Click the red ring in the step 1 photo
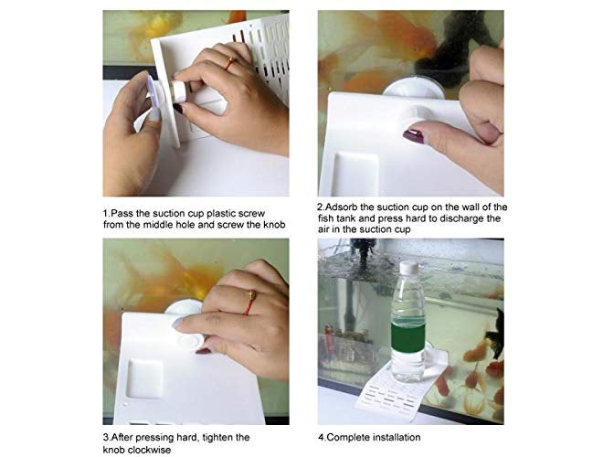(231, 63)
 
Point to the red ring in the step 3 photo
(250, 303)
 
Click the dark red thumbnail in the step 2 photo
(413, 136)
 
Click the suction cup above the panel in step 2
(414, 88)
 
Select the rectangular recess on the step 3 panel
(144, 379)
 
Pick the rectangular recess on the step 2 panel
(355, 175)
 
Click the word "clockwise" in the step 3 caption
(149, 450)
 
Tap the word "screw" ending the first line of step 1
(251, 214)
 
